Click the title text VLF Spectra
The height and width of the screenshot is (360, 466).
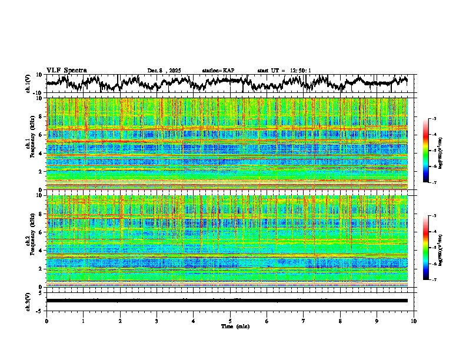click(x=66, y=70)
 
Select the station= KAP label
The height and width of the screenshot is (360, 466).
click(x=218, y=71)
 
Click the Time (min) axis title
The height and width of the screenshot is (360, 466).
click(x=230, y=326)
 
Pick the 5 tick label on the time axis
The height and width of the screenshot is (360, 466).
click(x=230, y=321)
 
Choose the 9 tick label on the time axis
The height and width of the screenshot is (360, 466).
click(x=377, y=321)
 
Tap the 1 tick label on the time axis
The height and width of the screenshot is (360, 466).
click(x=83, y=321)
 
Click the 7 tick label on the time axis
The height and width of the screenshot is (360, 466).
click(x=304, y=321)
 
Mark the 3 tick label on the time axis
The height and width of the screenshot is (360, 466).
click(x=157, y=321)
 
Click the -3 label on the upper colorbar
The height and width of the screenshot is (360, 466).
click(x=434, y=119)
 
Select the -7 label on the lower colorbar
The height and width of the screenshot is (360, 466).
click(x=434, y=280)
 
